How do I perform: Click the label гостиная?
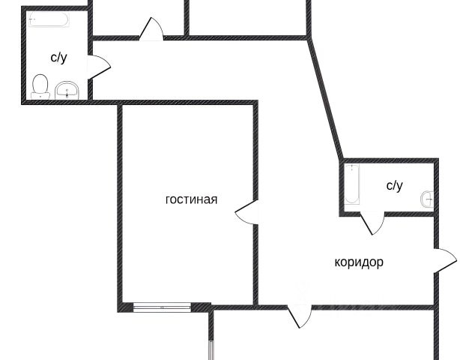[191, 199]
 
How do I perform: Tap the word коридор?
[359, 262]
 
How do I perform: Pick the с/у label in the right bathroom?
[394, 185]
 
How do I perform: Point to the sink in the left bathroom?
[67, 91]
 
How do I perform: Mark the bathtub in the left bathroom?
[49, 20]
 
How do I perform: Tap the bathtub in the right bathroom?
[352, 186]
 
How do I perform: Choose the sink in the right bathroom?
[426, 199]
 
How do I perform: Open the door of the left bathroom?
[98, 67]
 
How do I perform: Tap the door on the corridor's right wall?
[445, 259]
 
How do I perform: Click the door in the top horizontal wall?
[151, 30]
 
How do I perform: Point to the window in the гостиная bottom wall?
[162, 306]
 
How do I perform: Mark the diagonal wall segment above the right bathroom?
[326, 97]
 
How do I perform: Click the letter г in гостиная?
[168, 200]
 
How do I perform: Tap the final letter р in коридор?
[380, 262]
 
